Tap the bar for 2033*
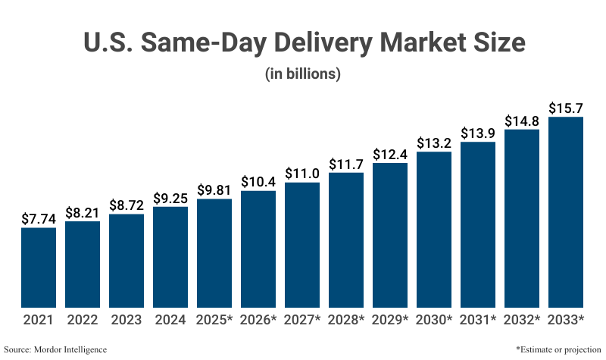pyautogui.click(x=566, y=211)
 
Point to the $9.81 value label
pyautogui.click(x=214, y=189)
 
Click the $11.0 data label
pyautogui.click(x=302, y=173)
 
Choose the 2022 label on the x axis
pyautogui.click(x=82, y=321)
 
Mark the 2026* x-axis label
pyautogui.click(x=258, y=321)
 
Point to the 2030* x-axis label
pyautogui.click(x=434, y=321)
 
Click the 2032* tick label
pyautogui.click(x=522, y=321)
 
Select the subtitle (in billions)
pyautogui.click(x=302, y=74)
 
